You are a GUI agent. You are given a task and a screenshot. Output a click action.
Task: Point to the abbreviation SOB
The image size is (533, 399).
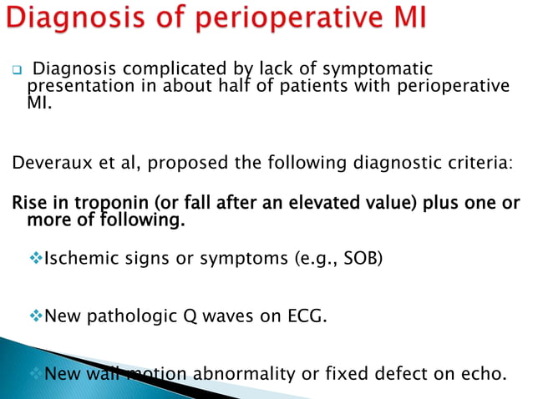(x=362, y=259)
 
